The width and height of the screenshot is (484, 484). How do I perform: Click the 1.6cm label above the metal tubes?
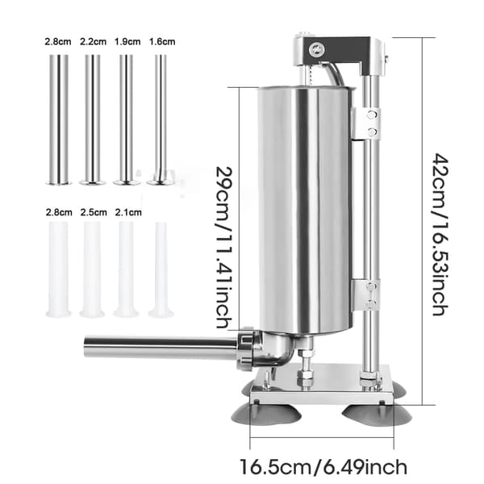tap(162, 41)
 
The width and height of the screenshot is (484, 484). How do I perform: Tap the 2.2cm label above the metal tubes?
tap(94, 41)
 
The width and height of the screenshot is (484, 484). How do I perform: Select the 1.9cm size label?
tap(127, 41)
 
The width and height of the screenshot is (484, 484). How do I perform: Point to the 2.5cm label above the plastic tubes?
tap(94, 212)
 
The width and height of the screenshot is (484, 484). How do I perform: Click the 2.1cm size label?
tap(128, 212)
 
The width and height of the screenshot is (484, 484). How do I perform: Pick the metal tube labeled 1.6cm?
tap(161, 119)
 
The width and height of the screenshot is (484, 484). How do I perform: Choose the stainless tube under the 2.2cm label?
tap(93, 119)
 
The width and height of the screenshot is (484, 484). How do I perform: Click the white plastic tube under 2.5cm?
tap(92, 269)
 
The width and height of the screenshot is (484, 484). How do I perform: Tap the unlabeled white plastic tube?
tap(161, 269)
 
